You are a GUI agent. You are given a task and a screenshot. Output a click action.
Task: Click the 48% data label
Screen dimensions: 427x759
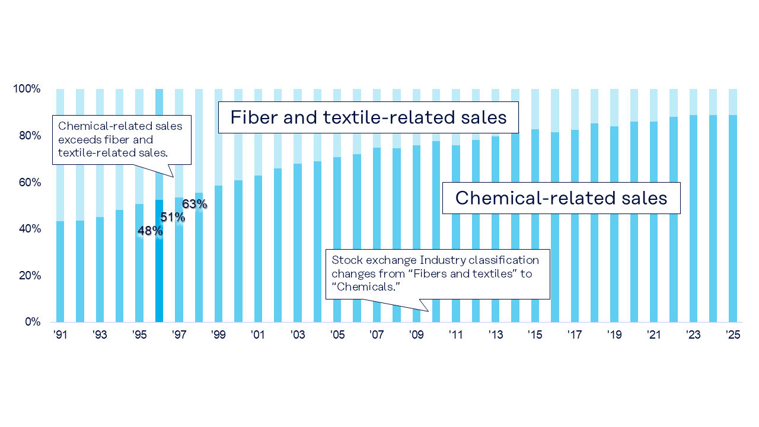pos(150,231)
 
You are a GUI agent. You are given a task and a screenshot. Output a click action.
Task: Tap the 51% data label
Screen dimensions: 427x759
pos(173,218)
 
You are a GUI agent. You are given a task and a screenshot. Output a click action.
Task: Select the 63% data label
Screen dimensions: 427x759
pos(194,205)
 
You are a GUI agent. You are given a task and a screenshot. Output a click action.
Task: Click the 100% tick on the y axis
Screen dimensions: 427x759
pos(27,89)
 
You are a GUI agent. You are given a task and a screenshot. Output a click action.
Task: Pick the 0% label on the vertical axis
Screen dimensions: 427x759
pos(32,322)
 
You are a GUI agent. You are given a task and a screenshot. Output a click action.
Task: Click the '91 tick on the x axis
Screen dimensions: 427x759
pos(60,335)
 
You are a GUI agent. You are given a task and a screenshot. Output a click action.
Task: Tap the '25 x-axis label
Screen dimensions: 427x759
pos(734,335)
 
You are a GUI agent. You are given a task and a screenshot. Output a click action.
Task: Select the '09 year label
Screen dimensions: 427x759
pos(416,335)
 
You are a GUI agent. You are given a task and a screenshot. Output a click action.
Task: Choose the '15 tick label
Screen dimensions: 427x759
pos(535,335)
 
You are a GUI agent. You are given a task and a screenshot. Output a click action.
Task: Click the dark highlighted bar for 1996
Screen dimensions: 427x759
pos(159,261)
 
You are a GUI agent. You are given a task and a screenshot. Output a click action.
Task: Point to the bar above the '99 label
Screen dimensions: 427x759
pos(218,255)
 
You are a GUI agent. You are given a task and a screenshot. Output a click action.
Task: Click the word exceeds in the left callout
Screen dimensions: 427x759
pos(77,140)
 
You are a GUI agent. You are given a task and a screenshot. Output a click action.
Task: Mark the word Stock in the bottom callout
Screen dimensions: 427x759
pos(344,260)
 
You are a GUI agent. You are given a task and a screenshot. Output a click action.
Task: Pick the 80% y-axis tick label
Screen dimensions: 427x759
pos(28,136)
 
